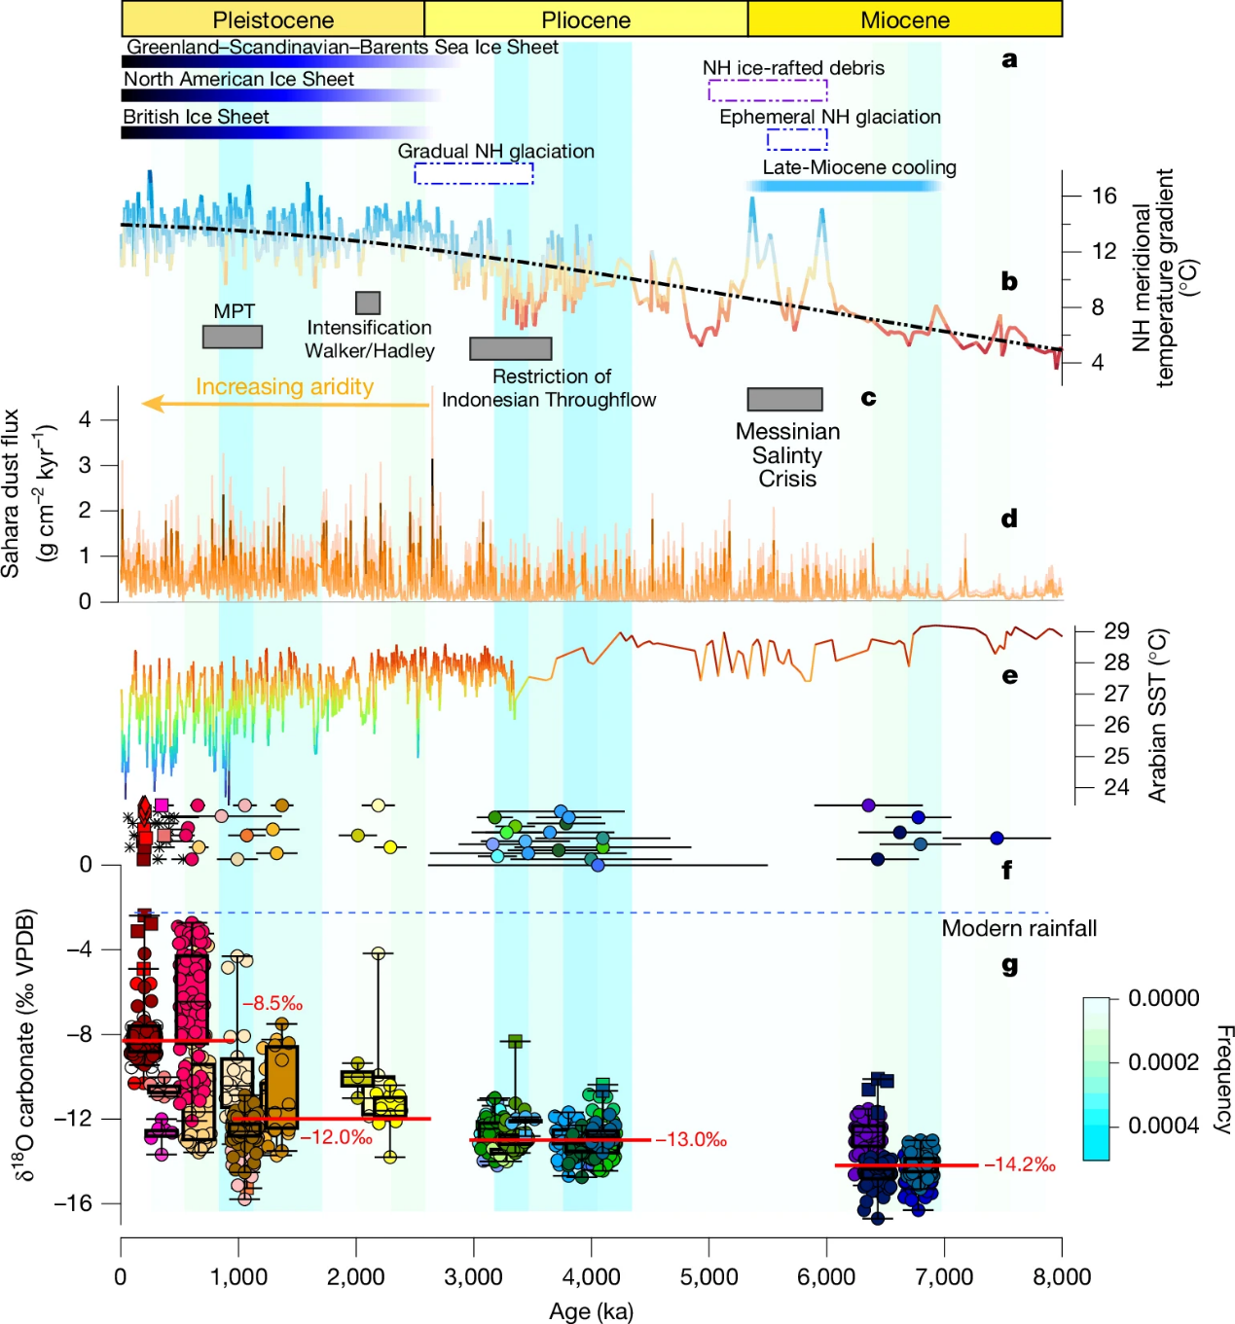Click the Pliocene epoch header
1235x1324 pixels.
point(586,19)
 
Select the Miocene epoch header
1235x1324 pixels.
point(904,19)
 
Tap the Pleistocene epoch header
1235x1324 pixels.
point(272,19)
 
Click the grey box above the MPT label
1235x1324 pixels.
point(233,337)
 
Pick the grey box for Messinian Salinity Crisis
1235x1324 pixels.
point(784,399)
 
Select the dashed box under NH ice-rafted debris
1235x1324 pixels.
point(768,90)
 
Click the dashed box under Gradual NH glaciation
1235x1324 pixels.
point(474,173)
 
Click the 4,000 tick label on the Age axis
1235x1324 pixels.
point(592,1277)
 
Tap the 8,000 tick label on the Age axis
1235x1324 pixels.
point(1061,1277)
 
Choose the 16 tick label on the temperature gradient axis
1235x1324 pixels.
point(1104,196)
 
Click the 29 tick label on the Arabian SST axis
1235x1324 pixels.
point(1116,630)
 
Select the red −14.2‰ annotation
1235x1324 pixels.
point(1020,1164)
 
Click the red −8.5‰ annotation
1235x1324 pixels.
point(272,1003)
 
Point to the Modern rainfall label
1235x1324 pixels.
point(1019,928)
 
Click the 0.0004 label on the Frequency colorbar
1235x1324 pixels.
point(1163,1126)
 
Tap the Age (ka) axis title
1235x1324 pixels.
point(591,1311)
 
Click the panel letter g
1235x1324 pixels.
point(1009,965)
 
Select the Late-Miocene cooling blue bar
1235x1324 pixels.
point(843,185)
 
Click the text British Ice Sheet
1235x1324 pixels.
point(196,117)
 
